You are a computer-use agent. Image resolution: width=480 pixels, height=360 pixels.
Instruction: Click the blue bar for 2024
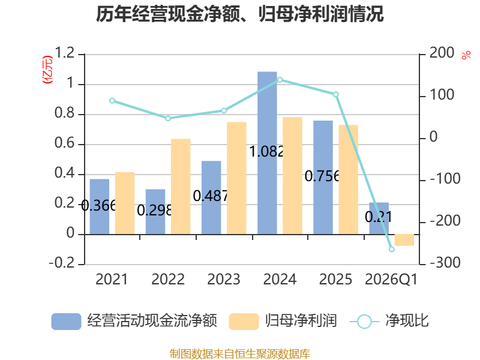[267, 153]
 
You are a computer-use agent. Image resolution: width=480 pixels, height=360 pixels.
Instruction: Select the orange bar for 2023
[236, 178]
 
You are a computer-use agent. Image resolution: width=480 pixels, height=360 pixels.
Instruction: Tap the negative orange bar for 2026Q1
[404, 240]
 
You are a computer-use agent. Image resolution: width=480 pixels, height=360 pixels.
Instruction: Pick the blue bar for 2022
[155, 212]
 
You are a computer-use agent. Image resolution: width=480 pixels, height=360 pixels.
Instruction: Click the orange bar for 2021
[125, 203]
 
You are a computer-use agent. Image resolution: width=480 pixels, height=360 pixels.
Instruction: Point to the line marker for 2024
[280, 80]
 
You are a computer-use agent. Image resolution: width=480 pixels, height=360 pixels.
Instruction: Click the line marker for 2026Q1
[392, 249]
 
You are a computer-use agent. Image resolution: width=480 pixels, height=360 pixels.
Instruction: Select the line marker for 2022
[168, 118]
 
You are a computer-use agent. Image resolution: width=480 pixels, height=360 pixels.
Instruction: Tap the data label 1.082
[266, 152]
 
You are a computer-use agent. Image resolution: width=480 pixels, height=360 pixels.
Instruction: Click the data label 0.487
[211, 196]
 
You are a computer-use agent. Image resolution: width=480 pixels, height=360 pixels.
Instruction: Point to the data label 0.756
[322, 176]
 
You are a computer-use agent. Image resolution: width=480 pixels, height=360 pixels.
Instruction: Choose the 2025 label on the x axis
[335, 279]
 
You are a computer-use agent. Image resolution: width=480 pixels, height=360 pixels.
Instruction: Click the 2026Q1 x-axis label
[391, 280]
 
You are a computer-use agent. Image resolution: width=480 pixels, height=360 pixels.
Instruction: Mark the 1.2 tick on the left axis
[65, 53]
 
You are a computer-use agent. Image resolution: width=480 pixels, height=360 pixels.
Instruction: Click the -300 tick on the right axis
[445, 263]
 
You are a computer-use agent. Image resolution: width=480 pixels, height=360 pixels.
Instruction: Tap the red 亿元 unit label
[47, 70]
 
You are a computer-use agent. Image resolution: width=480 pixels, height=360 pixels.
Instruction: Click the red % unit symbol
[466, 55]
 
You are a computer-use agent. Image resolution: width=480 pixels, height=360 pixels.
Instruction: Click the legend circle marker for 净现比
[364, 322]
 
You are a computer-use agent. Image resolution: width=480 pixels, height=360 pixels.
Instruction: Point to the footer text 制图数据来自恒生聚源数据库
[240, 353]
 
